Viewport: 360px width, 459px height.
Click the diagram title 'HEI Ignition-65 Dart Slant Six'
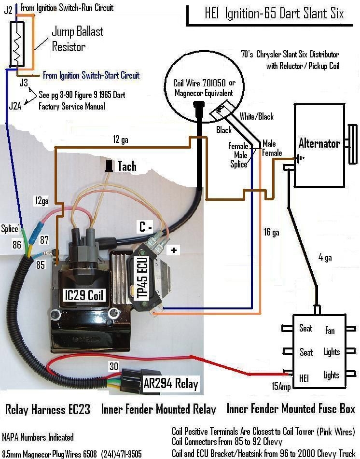(x=274, y=13)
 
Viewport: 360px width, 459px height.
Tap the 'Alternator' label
(x=319, y=143)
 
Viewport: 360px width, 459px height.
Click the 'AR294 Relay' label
(x=171, y=384)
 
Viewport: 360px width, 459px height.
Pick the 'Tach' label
(x=127, y=167)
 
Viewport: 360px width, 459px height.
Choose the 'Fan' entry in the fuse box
(x=330, y=331)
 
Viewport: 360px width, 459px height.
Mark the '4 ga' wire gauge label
(x=325, y=257)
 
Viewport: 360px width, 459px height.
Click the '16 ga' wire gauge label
(x=272, y=233)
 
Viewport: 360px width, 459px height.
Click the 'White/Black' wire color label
(x=256, y=116)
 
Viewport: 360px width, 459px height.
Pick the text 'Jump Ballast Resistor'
(x=77, y=39)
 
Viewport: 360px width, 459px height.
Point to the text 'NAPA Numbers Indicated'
(x=38, y=437)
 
